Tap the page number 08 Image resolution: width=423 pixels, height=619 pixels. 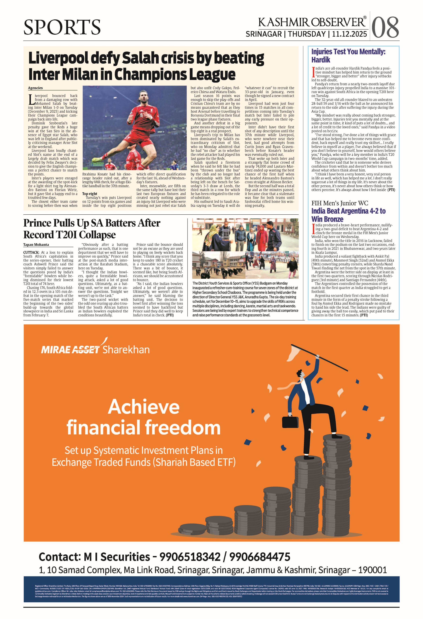pyautogui.click(x=385, y=27)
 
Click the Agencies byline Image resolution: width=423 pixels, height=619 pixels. pyautogui.click(x=35, y=88)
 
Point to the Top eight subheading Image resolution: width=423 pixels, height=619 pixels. pyautogui.click(x=90, y=194)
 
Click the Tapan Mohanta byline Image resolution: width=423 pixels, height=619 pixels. pyautogui.click(x=36, y=245)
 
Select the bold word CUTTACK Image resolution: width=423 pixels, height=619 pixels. pyautogui.click(x=31, y=252)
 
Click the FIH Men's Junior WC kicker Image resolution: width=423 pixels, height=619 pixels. pyautogui.click(x=340, y=203)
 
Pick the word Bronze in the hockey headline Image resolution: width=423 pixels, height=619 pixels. pyautogui.click(x=327, y=219)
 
